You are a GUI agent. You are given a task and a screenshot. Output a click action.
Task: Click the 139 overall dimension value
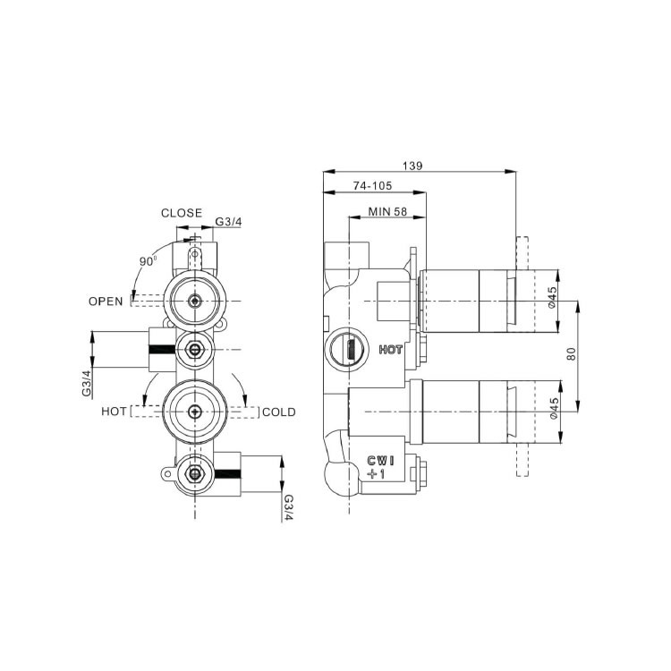pyautogui.click(x=412, y=166)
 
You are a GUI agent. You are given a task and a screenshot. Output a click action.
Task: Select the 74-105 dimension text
pyautogui.click(x=375, y=186)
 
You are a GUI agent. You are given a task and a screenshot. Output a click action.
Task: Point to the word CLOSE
pyautogui.click(x=181, y=213)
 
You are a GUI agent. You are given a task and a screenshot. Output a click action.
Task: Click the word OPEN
pyautogui.click(x=105, y=301)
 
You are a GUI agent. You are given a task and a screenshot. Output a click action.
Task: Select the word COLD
pyautogui.click(x=278, y=412)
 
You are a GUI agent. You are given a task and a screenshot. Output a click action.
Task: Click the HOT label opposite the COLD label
pyautogui.click(x=114, y=412)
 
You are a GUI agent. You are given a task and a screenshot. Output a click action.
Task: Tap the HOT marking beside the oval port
pyautogui.click(x=390, y=350)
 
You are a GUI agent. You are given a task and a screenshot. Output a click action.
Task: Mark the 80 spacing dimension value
pyautogui.click(x=571, y=353)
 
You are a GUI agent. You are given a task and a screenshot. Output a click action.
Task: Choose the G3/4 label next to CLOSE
pyautogui.click(x=227, y=222)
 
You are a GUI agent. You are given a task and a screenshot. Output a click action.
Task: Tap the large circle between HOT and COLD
pyautogui.click(x=194, y=412)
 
